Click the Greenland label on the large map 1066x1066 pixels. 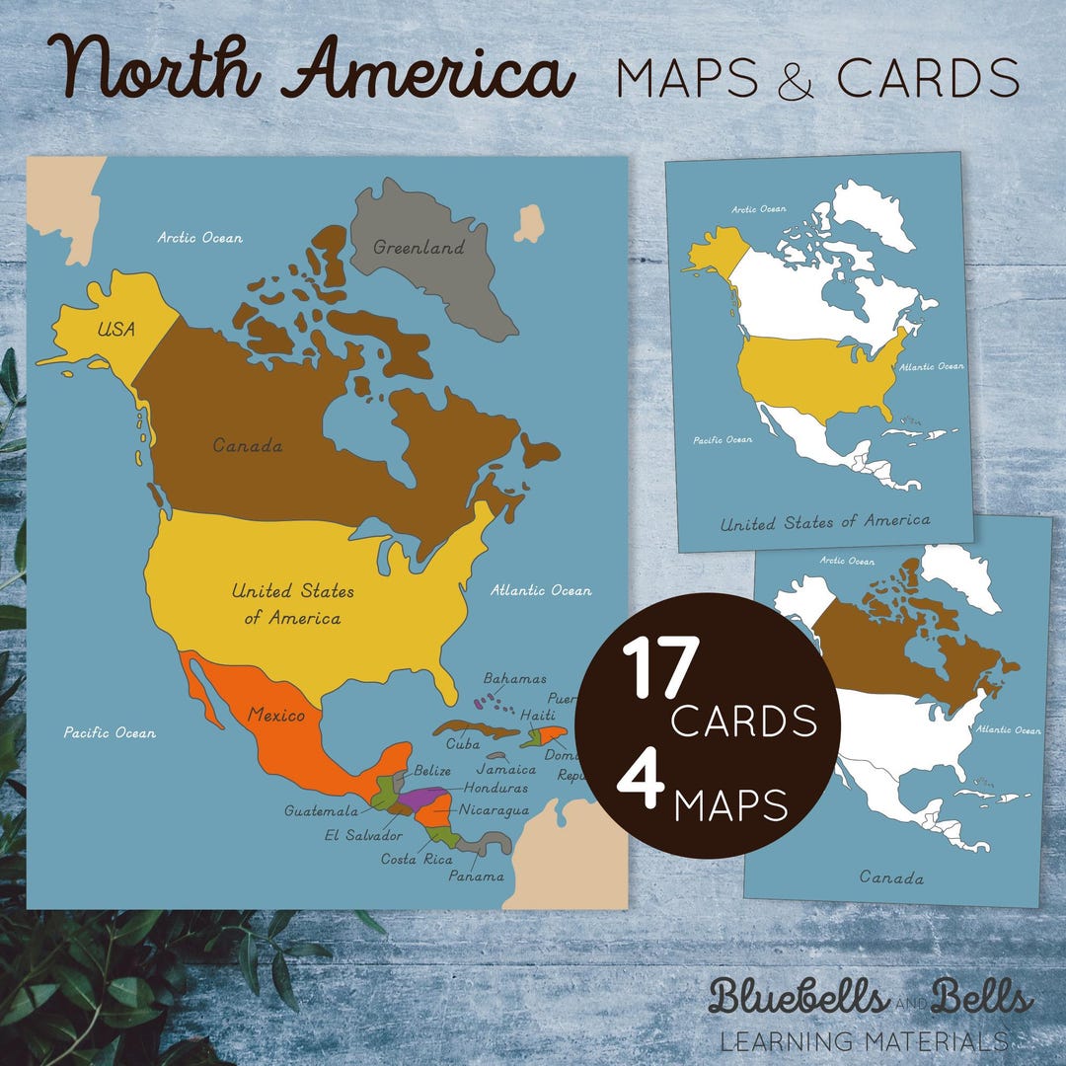pyautogui.click(x=419, y=248)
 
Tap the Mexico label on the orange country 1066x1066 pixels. pyautogui.click(x=275, y=714)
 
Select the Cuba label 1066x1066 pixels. pyautogui.click(x=462, y=743)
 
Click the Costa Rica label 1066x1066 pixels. pyautogui.click(x=417, y=859)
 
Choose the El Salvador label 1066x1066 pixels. pyautogui.click(x=362, y=835)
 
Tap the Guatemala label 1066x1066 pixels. pyautogui.click(x=321, y=810)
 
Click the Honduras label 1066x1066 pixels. pyautogui.click(x=495, y=788)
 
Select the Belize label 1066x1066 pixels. pyautogui.click(x=433, y=769)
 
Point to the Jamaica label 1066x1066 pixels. pyautogui.click(x=506, y=768)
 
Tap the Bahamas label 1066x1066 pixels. pyautogui.click(x=514, y=678)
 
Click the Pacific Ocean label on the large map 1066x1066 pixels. pyautogui.click(x=110, y=732)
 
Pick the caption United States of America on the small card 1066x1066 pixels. pyautogui.click(x=824, y=521)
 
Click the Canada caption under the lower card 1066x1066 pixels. pyautogui.click(x=891, y=876)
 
